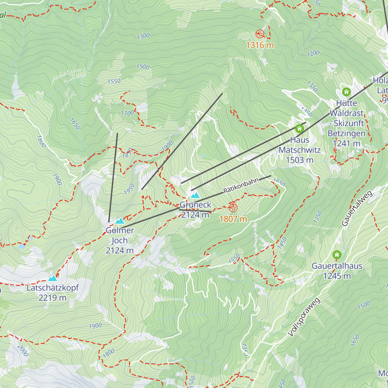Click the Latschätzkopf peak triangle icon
[x=52, y=278]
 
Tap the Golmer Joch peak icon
[x=120, y=221]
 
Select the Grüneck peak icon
[x=195, y=195]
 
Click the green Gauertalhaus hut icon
[x=337, y=254]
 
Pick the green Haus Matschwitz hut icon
[x=299, y=128]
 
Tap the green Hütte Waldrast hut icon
[x=346, y=92]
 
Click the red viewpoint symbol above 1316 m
[x=260, y=34]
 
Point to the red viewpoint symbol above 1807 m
[x=233, y=208]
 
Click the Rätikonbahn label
[x=241, y=186]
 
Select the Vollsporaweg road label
[x=304, y=318]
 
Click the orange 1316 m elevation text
[x=260, y=45]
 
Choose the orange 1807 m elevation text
[x=233, y=219]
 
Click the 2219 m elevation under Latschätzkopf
[x=52, y=298]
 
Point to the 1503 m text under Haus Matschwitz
[x=299, y=160]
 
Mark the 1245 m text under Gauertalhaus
[x=337, y=276]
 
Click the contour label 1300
[x=143, y=36]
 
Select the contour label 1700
[x=127, y=113]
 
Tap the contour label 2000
[x=23, y=351]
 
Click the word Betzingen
[x=346, y=133]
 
